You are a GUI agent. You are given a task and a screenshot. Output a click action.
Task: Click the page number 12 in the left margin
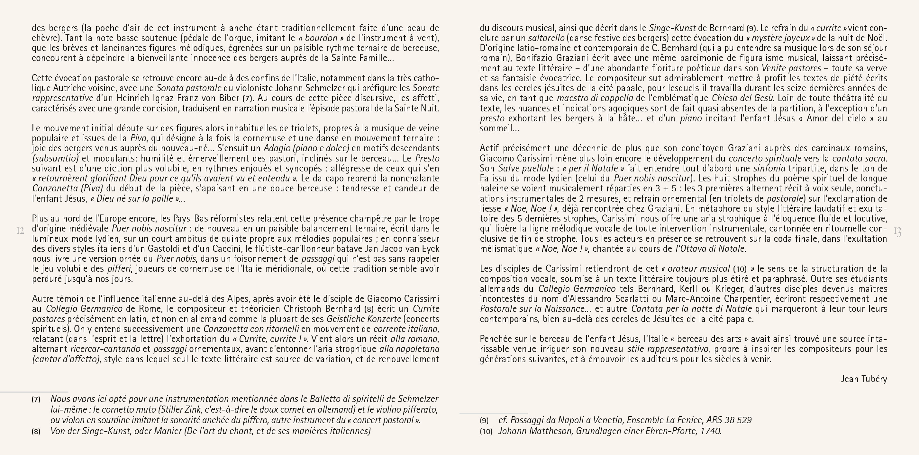(20, 231)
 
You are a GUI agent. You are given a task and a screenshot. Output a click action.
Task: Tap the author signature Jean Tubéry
(863, 379)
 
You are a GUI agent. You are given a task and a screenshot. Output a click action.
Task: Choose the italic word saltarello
(546, 38)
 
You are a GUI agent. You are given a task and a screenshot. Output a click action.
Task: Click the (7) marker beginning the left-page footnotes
(36, 399)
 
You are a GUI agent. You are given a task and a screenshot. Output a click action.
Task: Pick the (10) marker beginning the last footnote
(486, 432)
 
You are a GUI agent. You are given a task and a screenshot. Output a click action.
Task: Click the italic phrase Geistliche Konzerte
(364, 319)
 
